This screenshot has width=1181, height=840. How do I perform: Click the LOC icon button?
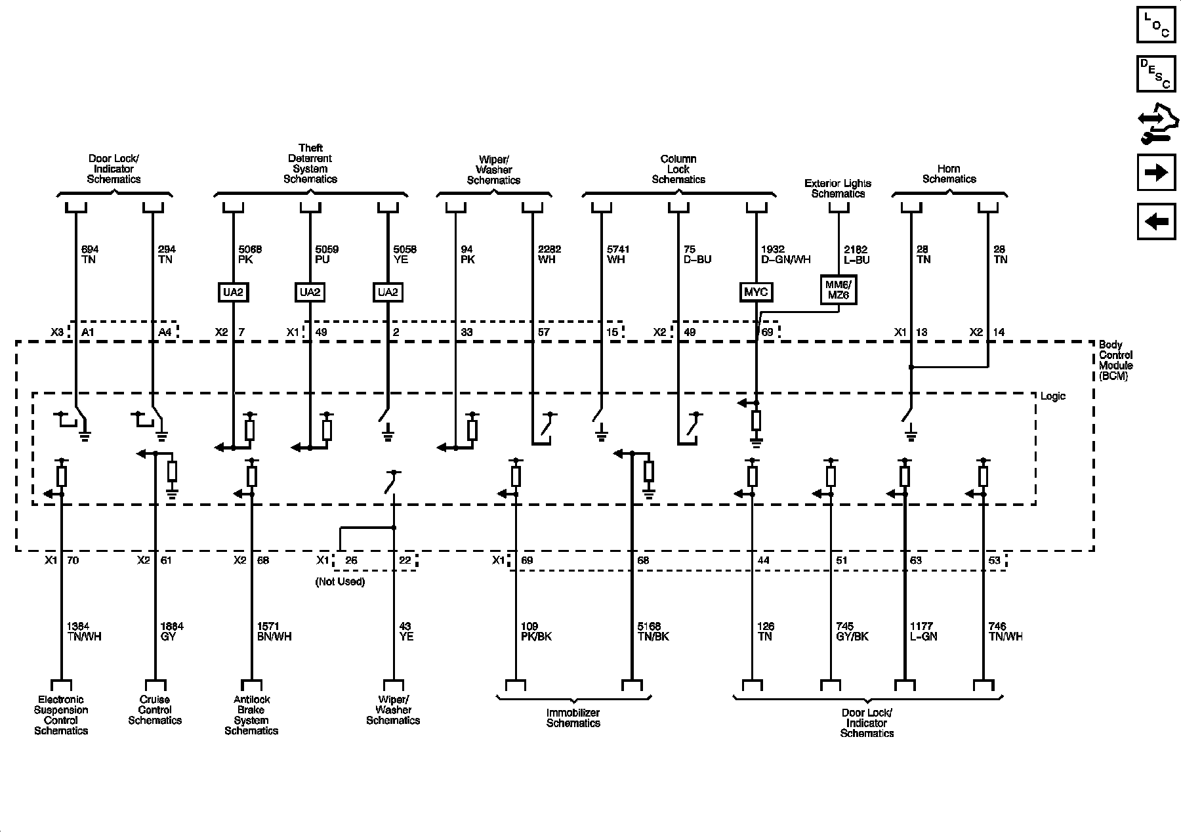pyautogui.click(x=1155, y=25)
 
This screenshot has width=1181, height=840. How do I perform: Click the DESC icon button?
pyautogui.click(x=1155, y=73)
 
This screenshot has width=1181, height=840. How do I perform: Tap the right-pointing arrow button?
pyautogui.click(x=1155, y=173)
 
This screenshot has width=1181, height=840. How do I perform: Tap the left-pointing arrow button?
pyautogui.click(x=1155, y=222)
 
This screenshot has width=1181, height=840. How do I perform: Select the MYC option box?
pyautogui.click(x=756, y=292)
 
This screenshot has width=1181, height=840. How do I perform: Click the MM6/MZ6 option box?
pyautogui.click(x=838, y=289)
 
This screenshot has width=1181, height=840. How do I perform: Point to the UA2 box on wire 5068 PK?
pyautogui.click(x=233, y=292)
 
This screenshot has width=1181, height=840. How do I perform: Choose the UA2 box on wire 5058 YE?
pyautogui.click(x=388, y=292)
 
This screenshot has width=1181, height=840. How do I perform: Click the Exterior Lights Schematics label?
pyautogui.click(x=838, y=188)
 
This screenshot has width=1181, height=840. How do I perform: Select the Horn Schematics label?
pyautogui.click(x=949, y=174)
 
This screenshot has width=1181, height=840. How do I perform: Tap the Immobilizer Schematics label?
pyautogui.click(x=573, y=718)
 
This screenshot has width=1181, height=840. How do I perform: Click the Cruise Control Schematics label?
pyautogui.click(x=155, y=710)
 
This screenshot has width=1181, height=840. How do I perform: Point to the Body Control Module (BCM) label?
pyautogui.click(x=1115, y=360)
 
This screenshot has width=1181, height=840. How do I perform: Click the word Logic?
pyautogui.click(x=1053, y=396)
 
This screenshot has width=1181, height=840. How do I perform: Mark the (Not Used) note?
pyautogui.click(x=340, y=581)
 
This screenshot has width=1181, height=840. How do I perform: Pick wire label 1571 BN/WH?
pyautogui.click(x=274, y=631)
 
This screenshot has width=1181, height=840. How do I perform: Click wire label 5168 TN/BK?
pyautogui.click(x=653, y=631)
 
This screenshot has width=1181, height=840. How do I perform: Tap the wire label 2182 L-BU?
pyautogui.click(x=856, y=255)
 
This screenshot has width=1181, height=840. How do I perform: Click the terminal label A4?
pyautogui.click(x=165, y=332)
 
